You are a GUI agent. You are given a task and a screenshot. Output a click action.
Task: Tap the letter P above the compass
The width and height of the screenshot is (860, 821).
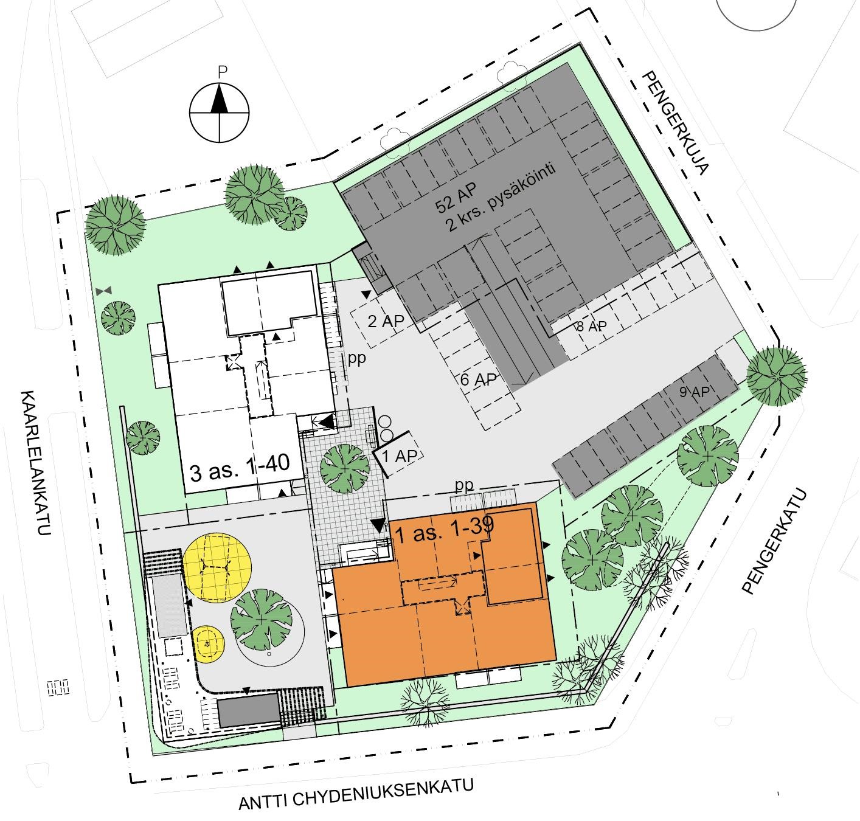pyautogui.click(x=222, y=72)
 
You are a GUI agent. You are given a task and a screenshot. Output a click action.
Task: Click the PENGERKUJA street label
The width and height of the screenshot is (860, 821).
pyautogui.click(x=675, y=123)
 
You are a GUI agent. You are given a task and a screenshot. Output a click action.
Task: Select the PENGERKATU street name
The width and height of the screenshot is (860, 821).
pyautogui.click(x=774, y=542)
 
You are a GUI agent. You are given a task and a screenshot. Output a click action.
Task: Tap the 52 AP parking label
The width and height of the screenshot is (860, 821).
pyautogui.click(x=456, y=198)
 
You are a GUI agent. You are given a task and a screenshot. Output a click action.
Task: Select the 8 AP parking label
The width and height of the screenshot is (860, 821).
pyautogui.click(x=592, y=327)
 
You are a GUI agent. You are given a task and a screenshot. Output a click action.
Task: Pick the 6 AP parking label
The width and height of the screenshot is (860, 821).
pyautogui.click(x=478, y=379)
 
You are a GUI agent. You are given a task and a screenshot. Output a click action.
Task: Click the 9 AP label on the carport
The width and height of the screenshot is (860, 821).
pyautogui.click(x=695, y=391)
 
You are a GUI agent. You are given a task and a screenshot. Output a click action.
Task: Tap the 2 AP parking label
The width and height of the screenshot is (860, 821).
pyautogui.click(x=386, y=321)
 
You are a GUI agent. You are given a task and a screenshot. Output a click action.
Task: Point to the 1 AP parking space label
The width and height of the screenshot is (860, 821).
pyautogui.click(x=400, y=456)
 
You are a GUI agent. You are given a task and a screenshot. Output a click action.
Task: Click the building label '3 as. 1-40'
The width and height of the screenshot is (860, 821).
pyautogui.click(x=240, y=468)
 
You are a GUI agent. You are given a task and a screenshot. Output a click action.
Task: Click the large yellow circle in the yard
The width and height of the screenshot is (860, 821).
pyautogui.click(x=217, y=567)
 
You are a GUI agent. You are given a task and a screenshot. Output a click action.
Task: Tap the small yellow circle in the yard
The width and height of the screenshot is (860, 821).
pyautogui.click(x=209, y=644)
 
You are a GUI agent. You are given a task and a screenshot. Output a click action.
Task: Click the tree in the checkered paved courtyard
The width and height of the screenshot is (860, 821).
pyautogui.click(x=345, y=468)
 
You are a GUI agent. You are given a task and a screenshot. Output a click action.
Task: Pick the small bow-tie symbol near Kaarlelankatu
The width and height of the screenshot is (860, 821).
pyautogui.click(x=104, y=290)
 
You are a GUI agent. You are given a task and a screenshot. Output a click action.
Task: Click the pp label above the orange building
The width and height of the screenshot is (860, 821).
pyautogui.click(x=465, y=486)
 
